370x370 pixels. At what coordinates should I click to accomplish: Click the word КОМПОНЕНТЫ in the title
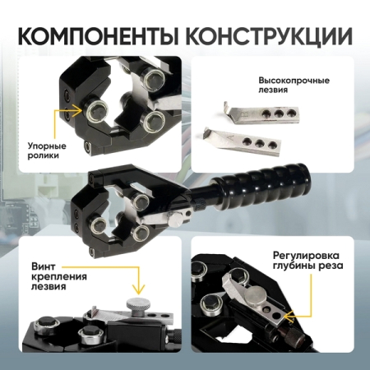(x=97, y=36)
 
